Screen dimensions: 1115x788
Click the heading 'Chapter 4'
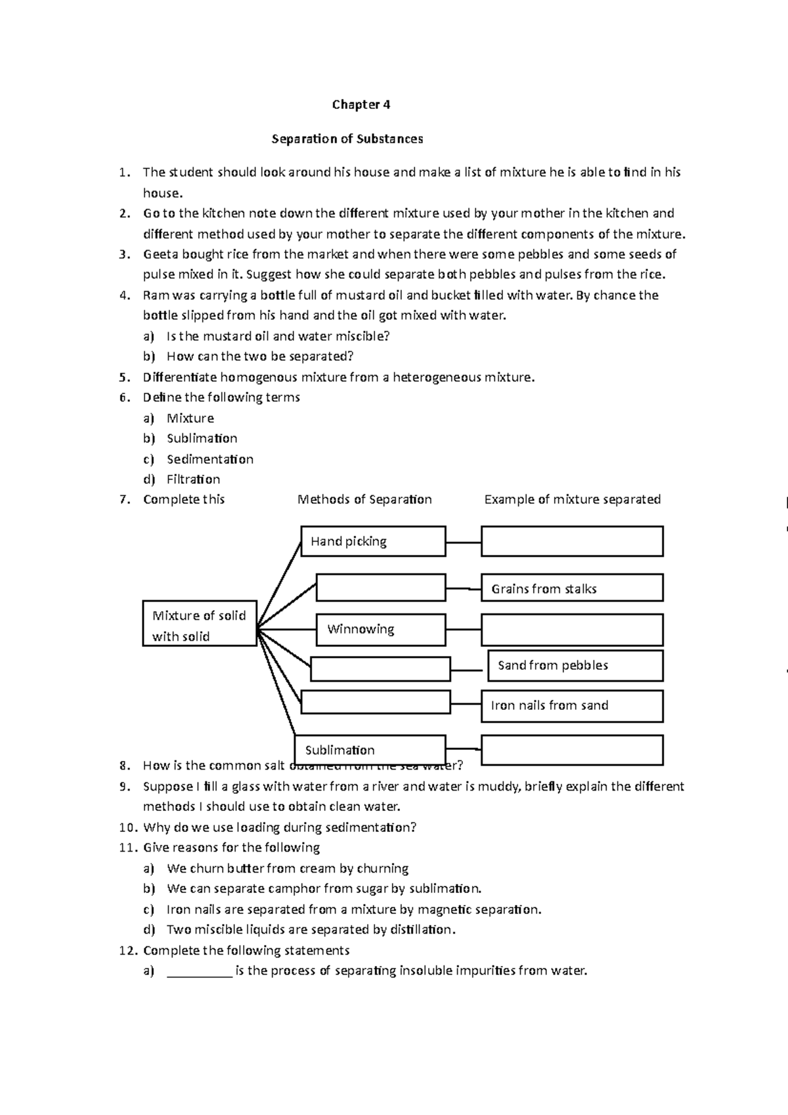point(361,104)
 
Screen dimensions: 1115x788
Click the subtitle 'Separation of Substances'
point(347,139)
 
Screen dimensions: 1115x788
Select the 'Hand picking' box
point(373,541)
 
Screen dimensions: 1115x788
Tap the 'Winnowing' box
point(381,629)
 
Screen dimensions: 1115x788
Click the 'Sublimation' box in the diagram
point(370,750)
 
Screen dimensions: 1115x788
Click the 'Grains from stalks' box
point(571,588)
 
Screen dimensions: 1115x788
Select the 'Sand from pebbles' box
point(575,665)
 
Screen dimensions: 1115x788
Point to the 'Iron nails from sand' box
point(571,706)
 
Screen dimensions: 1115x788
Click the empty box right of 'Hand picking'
point(571,541)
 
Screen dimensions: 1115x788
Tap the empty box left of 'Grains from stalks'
point(381,587)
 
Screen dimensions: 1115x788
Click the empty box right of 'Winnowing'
point(571,629)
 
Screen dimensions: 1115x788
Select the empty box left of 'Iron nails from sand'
point(376,702)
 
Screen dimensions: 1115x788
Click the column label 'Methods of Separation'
point(364,499)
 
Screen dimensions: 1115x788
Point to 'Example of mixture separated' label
point(572,499)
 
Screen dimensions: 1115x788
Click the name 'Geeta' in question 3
point(160,254)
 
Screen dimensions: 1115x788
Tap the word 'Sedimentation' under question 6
point(209,459)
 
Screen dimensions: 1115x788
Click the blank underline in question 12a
point(200,971)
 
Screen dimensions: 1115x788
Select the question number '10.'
point(129,827)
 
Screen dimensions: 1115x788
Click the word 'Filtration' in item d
point(193,479)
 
